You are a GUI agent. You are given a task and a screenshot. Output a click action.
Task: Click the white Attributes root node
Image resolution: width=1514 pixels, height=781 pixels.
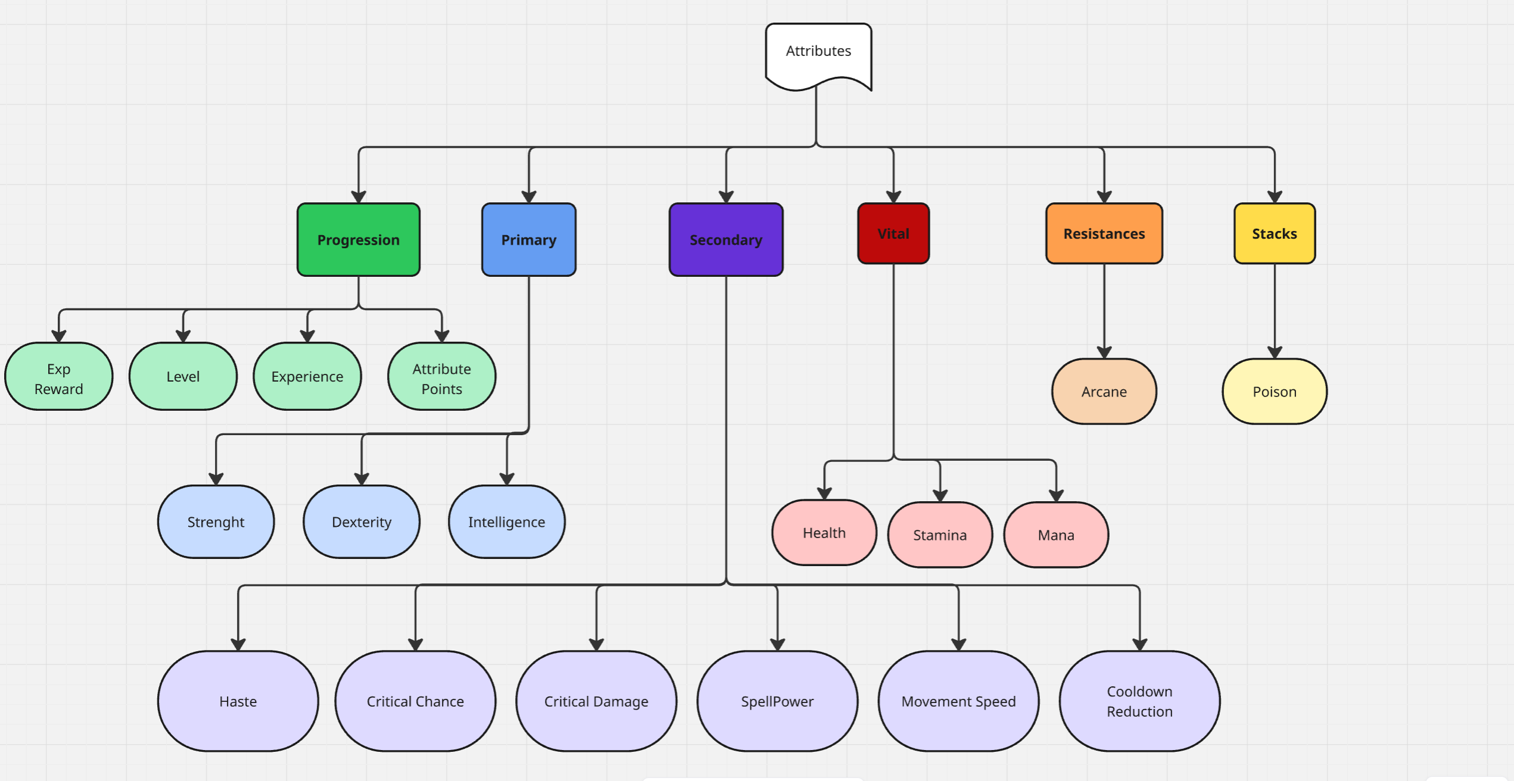coord(818,52)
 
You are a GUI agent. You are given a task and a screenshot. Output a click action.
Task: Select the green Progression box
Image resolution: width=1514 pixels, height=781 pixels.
coord(359,240)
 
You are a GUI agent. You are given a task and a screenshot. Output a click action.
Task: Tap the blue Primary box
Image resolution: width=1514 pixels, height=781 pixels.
coord(529,240)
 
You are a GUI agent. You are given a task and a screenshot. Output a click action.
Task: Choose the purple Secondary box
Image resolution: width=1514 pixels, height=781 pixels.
coord(726,240)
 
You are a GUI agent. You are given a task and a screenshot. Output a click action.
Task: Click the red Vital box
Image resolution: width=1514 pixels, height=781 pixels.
coord(893,233)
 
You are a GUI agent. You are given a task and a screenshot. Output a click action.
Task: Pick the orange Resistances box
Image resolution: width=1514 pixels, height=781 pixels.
coord(1104,233)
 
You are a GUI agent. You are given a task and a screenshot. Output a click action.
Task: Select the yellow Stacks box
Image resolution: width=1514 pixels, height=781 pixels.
coord(1275,233)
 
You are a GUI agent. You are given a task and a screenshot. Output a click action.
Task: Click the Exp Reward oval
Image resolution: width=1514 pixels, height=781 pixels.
coord(59,377)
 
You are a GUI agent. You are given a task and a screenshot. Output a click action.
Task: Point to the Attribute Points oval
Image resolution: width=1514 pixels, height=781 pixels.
coord(442,377)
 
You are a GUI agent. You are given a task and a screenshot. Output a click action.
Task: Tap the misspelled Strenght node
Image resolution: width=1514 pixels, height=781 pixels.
coord(216,522)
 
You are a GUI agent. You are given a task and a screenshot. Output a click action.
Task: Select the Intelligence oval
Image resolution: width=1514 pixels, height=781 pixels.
coord(507,522)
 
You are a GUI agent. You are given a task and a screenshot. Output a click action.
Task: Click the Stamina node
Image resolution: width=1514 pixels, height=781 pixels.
coord(940,535)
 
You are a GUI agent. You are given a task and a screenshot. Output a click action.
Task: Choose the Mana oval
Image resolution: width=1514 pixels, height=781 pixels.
coord(1056,535)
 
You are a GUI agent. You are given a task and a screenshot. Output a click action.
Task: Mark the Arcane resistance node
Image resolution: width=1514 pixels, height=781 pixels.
coord(1104,392)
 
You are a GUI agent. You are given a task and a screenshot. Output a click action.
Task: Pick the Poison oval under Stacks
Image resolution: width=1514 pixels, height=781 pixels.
coord(1275,392)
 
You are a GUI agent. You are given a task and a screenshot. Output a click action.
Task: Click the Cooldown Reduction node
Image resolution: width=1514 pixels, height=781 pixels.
coord(1139,701)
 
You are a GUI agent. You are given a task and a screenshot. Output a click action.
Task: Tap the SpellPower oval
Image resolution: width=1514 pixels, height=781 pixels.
coord(777,701)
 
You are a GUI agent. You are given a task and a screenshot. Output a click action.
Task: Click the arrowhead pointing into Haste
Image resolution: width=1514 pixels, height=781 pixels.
coord(238,645)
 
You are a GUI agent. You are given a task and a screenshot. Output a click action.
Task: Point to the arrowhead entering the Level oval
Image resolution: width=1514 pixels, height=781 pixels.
coord(183,336)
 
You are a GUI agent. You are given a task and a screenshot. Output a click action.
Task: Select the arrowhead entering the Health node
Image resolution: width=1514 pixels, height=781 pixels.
coord(824,493)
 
